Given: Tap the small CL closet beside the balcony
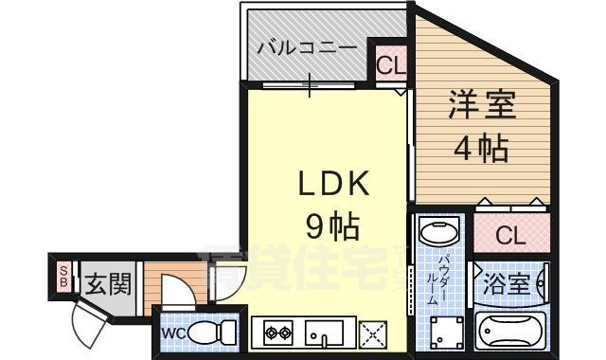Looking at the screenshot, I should tap(386, 65).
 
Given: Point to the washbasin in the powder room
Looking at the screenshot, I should tap(437, 232).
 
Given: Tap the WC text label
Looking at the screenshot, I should tap(171, 333).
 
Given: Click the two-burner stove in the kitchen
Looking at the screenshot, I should tap(278, 333).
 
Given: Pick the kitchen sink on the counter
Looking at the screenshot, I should tap(325, 333).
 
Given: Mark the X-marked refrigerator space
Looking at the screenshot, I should tap(373, 333).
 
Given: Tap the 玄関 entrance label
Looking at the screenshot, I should tap(106, 283).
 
